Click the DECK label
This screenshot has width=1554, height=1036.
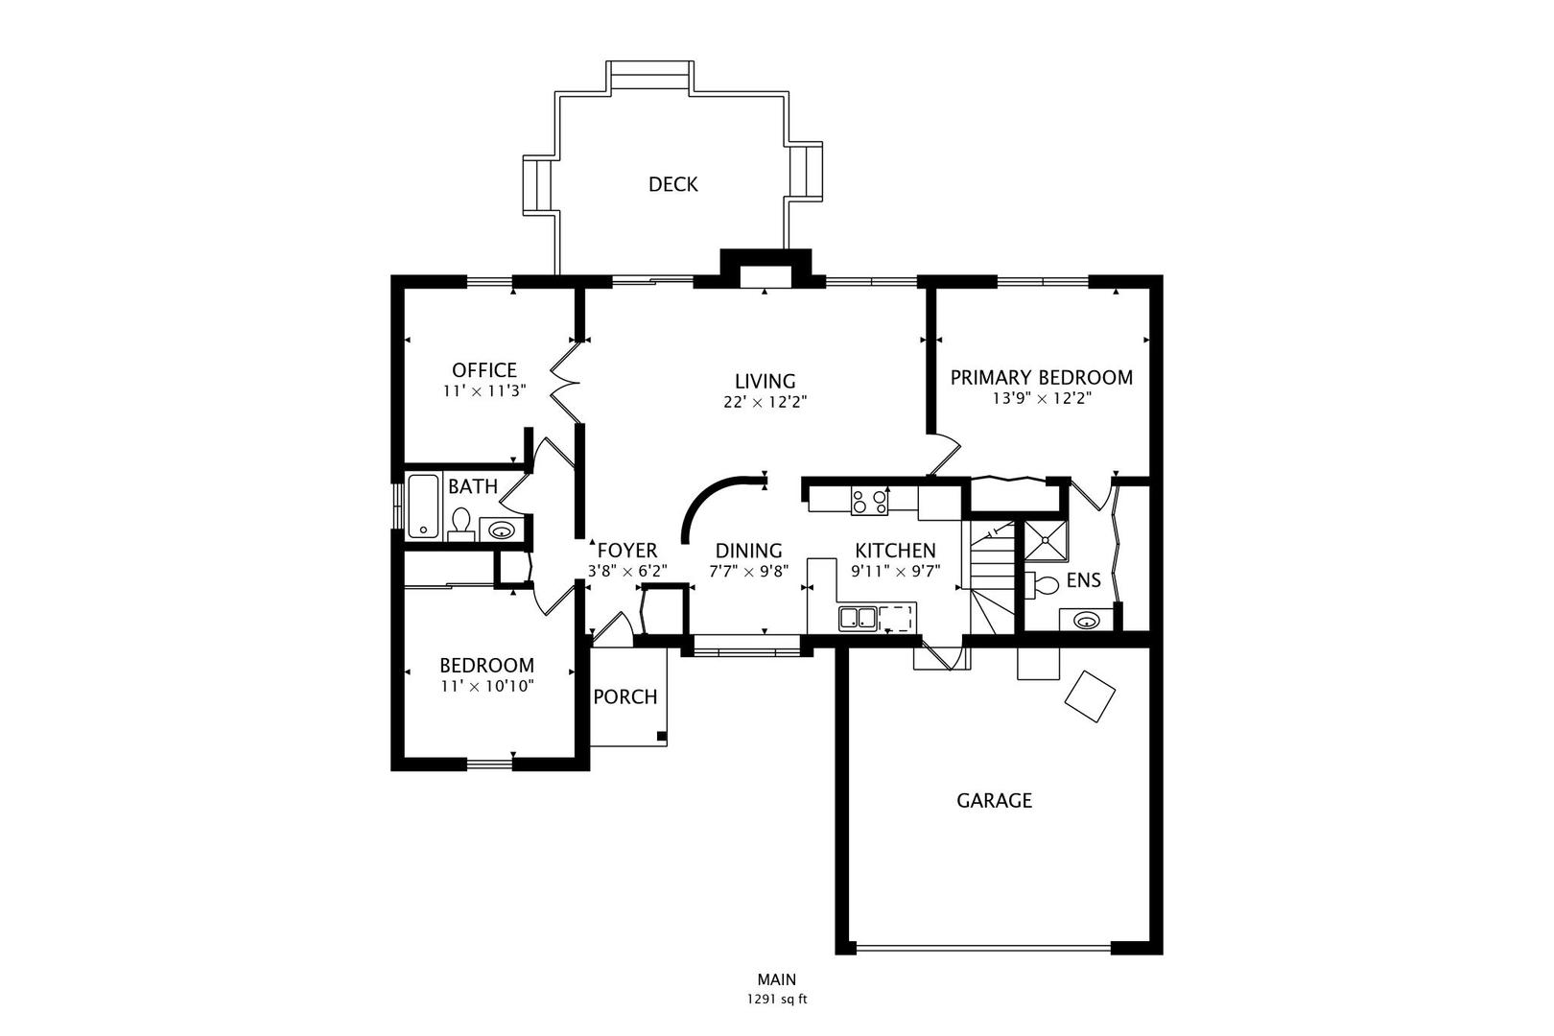click(672, 184)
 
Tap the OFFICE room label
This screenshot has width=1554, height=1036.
click(484, 370)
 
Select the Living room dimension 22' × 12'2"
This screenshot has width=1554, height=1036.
click(765, 402)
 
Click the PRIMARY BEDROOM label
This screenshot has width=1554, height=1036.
click(1041, 378)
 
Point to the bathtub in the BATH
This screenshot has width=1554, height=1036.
click(423, 506)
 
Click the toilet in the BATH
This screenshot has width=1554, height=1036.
click(460, 523)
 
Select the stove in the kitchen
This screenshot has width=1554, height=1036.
click(870, 501)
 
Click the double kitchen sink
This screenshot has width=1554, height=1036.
click(858, 618)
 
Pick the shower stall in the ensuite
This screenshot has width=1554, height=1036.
click(1046, 540)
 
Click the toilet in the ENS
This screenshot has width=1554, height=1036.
click(1042, 585)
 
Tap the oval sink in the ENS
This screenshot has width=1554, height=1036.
click(1086, 620)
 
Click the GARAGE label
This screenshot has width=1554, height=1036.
click(994, 801)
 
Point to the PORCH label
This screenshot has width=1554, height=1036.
click(625, 696)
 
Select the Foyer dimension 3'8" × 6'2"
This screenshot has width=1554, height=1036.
click(627, 571)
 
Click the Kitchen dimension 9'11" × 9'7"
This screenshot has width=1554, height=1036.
click(895, 571)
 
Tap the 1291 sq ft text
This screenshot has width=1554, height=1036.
click(777, 1000)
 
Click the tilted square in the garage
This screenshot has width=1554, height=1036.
click(1090, 696)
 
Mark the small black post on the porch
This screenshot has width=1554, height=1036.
click(661, 736)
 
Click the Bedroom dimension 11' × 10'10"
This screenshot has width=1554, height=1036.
click(487, 686)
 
